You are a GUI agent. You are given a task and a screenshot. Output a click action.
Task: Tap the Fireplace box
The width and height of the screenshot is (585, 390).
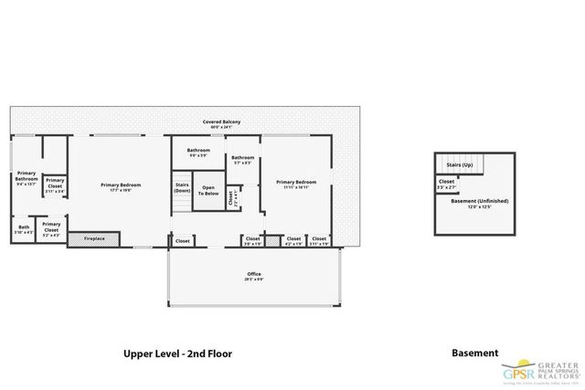(93, 239)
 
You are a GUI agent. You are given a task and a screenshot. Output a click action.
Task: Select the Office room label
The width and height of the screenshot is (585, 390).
(254, 275)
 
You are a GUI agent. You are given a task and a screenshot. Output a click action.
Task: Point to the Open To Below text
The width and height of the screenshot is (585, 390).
(209, 191)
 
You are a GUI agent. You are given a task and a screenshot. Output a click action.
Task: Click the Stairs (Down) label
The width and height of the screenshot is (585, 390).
(181, 188)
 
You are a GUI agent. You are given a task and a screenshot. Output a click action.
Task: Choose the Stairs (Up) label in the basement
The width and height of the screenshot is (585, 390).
(459, 164)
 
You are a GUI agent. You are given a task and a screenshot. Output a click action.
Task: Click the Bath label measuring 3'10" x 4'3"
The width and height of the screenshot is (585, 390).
(24, 229)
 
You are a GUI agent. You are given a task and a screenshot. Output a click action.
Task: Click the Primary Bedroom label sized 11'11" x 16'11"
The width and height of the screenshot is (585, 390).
(295, 184)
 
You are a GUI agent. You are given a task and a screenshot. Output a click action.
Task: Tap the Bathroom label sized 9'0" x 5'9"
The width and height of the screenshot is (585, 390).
(198, 153)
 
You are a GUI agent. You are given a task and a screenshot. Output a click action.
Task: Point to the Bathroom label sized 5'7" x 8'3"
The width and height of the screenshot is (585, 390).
(242, 161)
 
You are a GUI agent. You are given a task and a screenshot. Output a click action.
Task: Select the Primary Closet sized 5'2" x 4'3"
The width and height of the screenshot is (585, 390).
(51, 228)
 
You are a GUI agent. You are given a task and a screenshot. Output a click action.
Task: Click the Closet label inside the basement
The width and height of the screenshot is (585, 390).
(446, 183)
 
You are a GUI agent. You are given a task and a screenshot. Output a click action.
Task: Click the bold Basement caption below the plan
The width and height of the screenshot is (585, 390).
(475, 352)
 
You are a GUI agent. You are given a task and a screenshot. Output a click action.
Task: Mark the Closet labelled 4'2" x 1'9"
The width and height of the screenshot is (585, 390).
(293, 240)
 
